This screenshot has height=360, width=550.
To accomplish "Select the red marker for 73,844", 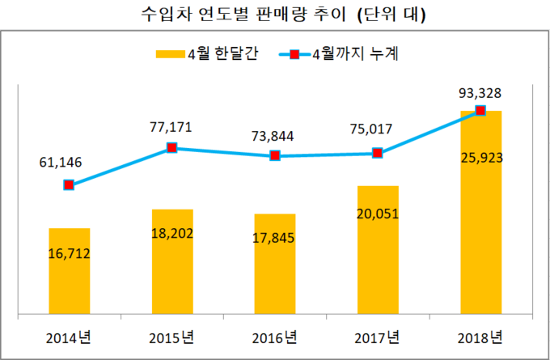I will pyautogui.click(x=275, y=155).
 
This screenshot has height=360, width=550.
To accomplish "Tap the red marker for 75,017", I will pyautogui.click(x=378, y=153).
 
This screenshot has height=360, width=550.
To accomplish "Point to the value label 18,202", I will pyautogui.click(x=171, y=235).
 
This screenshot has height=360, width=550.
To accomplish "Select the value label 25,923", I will pyautogui.click(x=480, y=158).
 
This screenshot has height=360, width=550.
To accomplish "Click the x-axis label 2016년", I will pyautogui.click(x=274, y=337).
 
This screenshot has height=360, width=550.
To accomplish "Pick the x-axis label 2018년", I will pyautogui.click(x=480, y=337).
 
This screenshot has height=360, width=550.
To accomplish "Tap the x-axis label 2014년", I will pyautogui.click(x=69, y=337).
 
